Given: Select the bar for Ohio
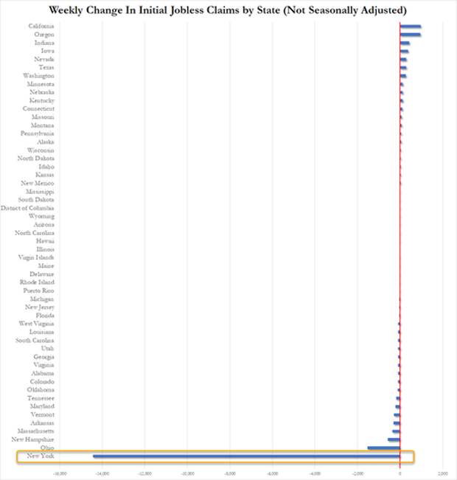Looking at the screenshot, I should point(383,448).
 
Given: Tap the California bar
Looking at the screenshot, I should point(411,27).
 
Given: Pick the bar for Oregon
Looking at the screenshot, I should point(411,35).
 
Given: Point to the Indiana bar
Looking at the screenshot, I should point(405,43).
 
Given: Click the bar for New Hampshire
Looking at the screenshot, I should point(394,439).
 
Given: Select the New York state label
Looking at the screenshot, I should point(40,456).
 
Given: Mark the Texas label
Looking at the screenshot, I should point(46,67).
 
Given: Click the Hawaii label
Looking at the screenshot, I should point(44,241).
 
